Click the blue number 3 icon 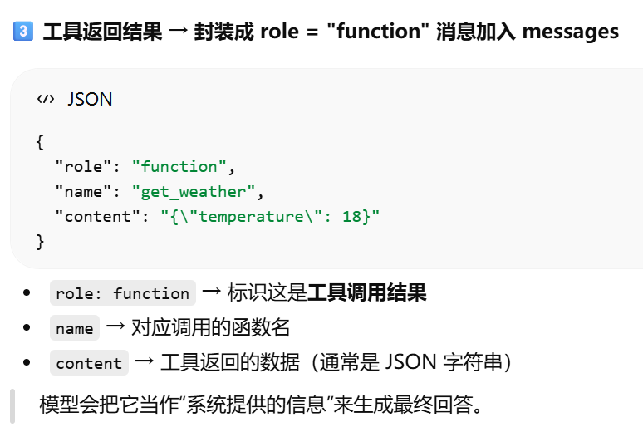(x=23, y=32)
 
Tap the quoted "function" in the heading (x=379, y=32)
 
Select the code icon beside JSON (x=45, y=100)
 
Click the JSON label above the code (x=90, y=100)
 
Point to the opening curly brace (x=40, y=141)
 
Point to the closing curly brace (x=40, y=241)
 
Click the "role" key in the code (x=81, y=166)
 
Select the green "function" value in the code (x=179, y=166)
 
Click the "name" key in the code (x=81, y=192)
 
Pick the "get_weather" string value (x=194, y=192)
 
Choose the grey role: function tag (x=123, y=293)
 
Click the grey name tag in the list (x=75, y=328)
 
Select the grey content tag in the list (x=89, y=363)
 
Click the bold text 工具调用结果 (x=367, y=292)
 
